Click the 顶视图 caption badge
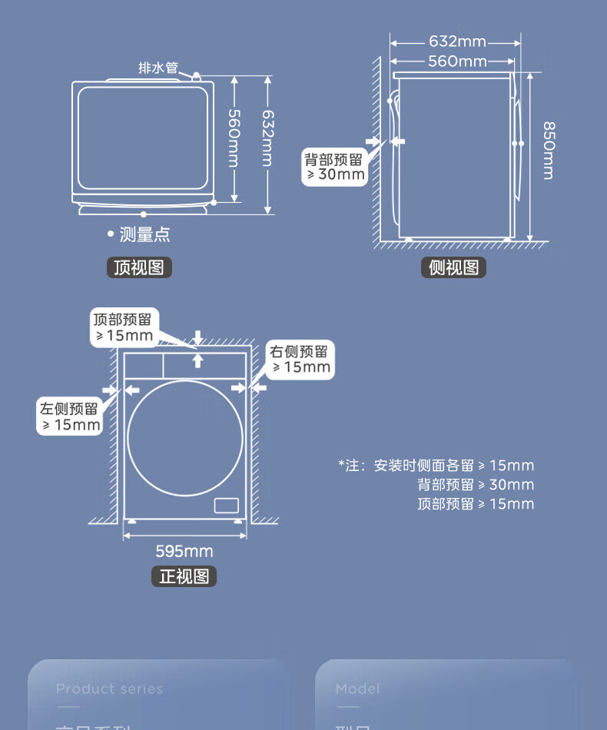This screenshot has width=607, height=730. pyautogui.click(x=138, y=267)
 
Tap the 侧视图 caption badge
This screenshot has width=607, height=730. pyautogui.click(x=453, y=267)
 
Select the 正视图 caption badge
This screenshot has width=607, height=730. pyautogui.click(x=184, y=576)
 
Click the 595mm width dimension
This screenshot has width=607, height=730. pyautogui.click(x=184, y=551)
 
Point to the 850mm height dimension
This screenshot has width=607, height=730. pyautogui.click(x=548, y=150)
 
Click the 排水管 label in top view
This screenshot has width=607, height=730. pyautogui.click(x=158, y=68)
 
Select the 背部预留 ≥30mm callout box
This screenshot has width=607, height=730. pyautogui.click(x=334, y=167)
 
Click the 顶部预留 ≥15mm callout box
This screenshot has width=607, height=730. pyautogui.click(x=123, y=327)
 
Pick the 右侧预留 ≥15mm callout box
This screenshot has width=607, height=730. pyautogui.click(x=300, y=359)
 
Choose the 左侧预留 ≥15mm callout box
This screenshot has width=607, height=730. pyautogui.click(x=70, y=416)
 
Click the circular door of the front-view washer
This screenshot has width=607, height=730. pyautogui.click(x=185, y=438)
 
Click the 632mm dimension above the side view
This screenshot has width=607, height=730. pyautogui.click(x=457, y=41)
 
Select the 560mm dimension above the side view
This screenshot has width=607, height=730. pyautogui.click(x=457, y=61)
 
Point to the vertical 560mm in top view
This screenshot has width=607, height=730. pyautogui.click(x=234, y=138)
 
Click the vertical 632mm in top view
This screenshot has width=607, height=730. pyautogui.click(x=267, y=138)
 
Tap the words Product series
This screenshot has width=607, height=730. pyautogui.click(x=109, y=689)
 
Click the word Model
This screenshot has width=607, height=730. pyautogui.click(x=357, y=689)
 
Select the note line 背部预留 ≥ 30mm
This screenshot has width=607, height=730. pyautogui.click(x=476, y=485)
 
